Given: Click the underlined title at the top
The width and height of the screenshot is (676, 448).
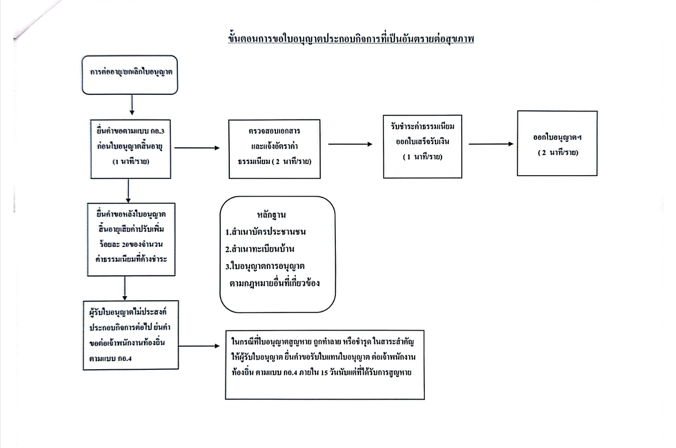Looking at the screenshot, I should click(351, 39).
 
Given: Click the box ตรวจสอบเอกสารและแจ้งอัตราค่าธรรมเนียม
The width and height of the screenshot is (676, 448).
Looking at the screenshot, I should click(274, 149).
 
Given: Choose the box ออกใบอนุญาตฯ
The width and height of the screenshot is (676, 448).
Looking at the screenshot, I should click(557, 143).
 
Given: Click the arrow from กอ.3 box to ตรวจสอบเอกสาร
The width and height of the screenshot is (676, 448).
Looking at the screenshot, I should click(197, 148).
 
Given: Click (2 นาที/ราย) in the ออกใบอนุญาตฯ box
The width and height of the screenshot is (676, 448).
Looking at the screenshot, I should click(557, 153).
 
